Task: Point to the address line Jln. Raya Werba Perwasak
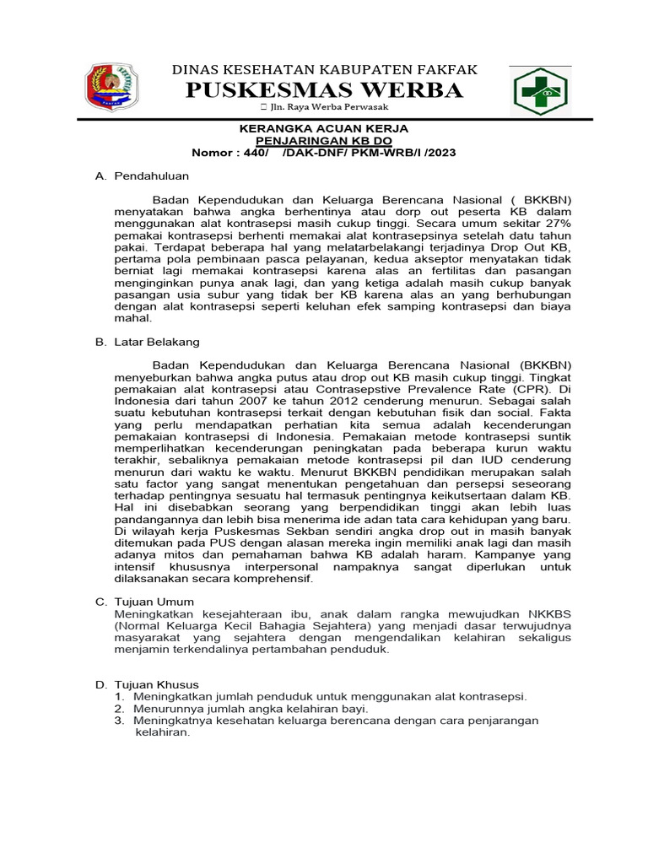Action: point(329,110)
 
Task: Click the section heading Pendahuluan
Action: point(151,175)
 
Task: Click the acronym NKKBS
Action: point(544,613)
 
